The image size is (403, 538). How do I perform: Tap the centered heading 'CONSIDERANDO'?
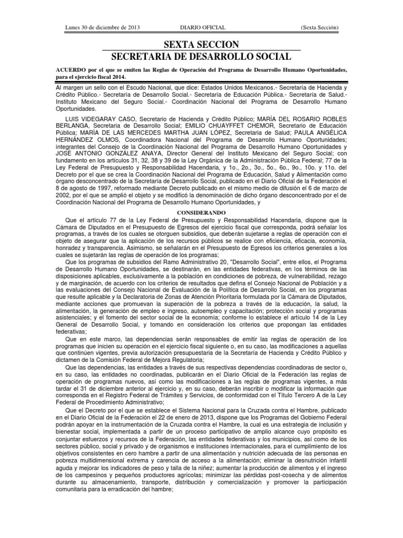201,209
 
